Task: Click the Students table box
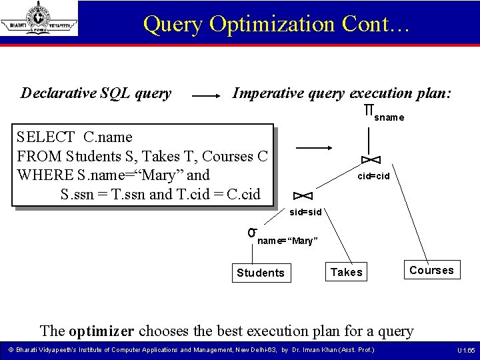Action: [x=261, y=273]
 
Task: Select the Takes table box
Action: [x=347, y=271]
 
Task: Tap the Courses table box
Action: [x=431, y=270]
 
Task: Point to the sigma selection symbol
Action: [x=252, y=232]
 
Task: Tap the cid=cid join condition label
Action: [x=373, y=177]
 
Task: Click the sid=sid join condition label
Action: [x=306, y=212]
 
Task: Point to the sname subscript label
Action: [x=389, y=118]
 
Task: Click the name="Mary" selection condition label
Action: [x=287, y=241]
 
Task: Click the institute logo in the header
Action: [x=39, y=19]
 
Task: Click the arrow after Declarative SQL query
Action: [x=207, y=96]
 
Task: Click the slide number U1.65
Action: [x=465, y=350]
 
